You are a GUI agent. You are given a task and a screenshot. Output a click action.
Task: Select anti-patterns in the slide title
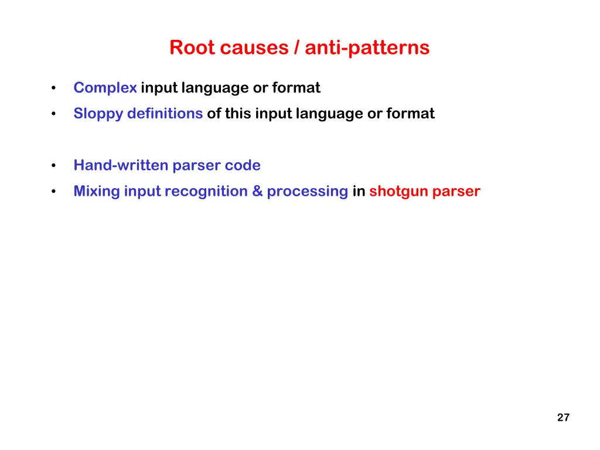pyautogui.click(x=367, y=47)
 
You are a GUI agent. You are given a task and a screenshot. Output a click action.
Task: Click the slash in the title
pyautogui.click(x=298, y=47)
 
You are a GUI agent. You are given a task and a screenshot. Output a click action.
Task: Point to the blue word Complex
pyautogui.click(x=105, y=88)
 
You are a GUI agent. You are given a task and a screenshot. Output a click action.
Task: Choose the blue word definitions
pyautogui.click(x=165, y=114)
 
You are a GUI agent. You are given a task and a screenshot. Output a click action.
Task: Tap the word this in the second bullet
pyautogui.click(x=238, y=114)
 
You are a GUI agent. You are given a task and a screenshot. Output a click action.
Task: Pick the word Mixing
pyautogui.click(x=97, y=191)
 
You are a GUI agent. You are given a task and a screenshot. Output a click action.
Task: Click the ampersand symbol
pyautogui.click(x=258, y=191)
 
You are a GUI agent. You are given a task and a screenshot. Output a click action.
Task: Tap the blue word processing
pyautogui.click(x=308, y=191)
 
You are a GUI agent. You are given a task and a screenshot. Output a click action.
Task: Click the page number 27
pyautogui.click(x=563, y=418)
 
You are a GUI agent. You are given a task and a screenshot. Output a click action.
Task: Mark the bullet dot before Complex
pyautogui.click(x=53, y=88)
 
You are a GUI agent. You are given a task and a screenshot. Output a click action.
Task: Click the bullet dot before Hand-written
pyautogui.click(x=53, y=166)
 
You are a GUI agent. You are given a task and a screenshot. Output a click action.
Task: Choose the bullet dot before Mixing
pyautogui.click(x=53, y=192)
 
